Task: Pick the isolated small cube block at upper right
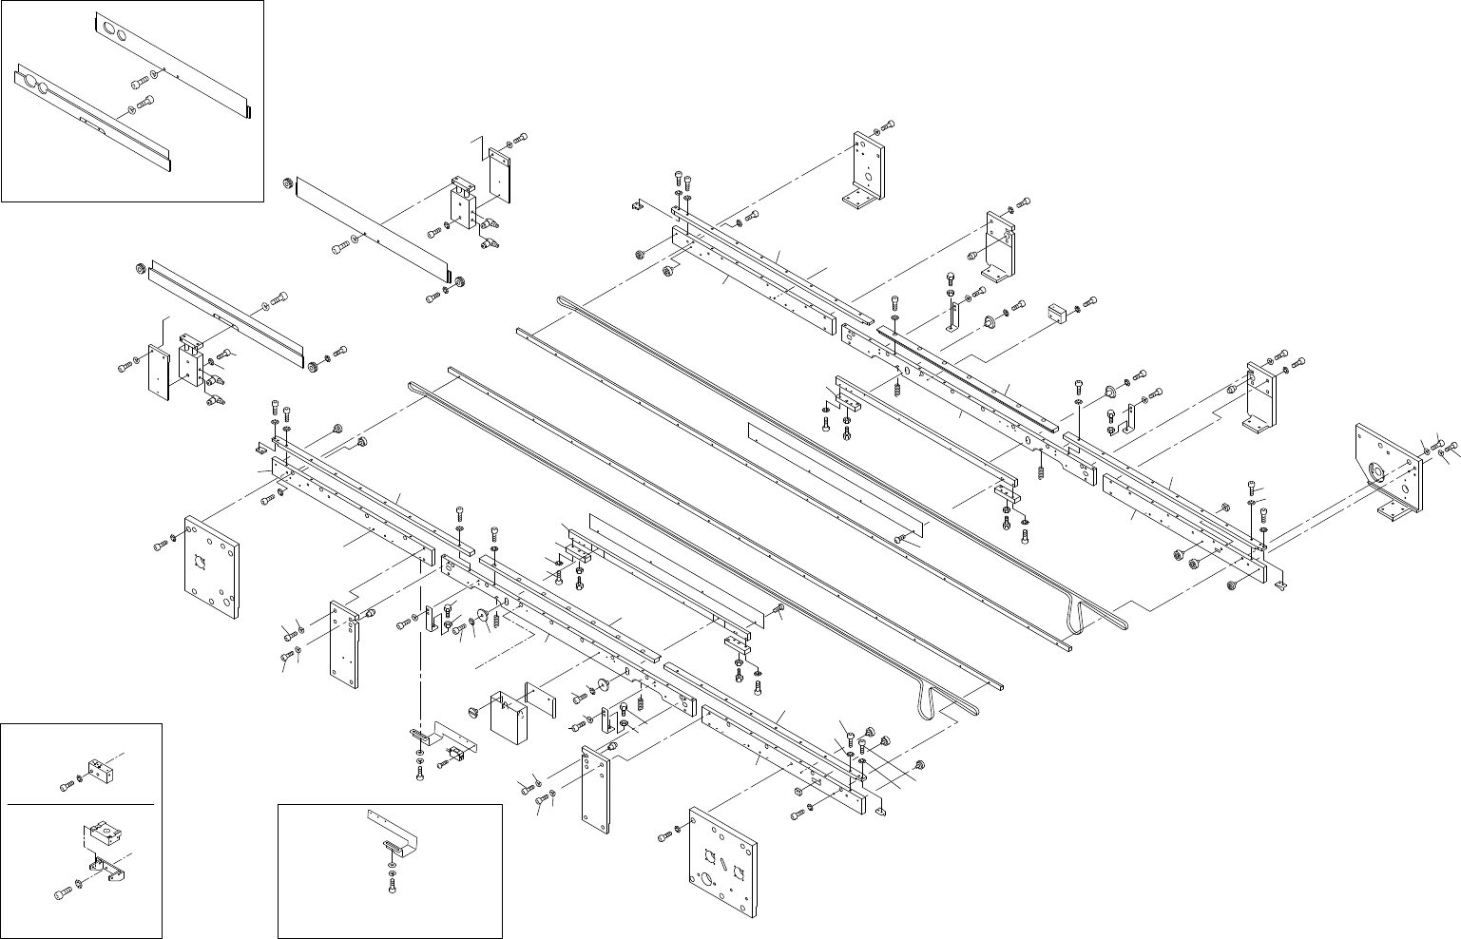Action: coord(1055,311)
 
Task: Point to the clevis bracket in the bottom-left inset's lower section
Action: coord(103,870)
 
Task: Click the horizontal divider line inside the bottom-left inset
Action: coord(81,804)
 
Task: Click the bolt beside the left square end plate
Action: coord(160,546)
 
